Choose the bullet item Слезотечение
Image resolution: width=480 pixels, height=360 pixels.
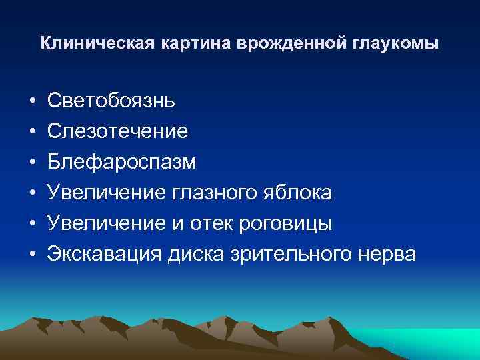[117, 131]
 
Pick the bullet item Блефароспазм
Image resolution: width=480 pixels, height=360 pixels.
[122, 162]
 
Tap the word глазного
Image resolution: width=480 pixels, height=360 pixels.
[215, 193]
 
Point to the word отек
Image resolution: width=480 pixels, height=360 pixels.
[217, 223]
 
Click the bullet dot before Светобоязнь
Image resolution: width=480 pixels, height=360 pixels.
[31, 101]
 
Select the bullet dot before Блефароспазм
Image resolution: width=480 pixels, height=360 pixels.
[31, 163]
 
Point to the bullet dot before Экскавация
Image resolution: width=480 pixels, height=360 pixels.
[31, 255]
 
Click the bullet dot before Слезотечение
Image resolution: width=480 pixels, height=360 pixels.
[31, 132]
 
